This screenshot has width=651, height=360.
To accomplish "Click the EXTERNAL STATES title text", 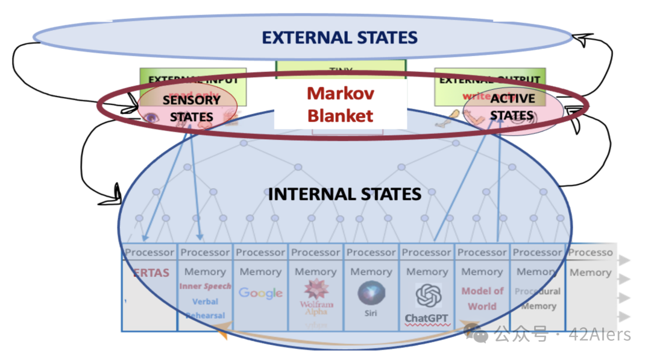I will coord(339,37).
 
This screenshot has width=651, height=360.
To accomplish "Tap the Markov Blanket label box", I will coord(341,104).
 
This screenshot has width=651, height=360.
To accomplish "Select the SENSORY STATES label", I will coord(191,108).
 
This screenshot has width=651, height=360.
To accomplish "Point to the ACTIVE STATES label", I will coord(512,107).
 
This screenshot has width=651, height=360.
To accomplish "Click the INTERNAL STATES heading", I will coord(344,194).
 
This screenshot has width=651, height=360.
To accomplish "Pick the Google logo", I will coord(260,293).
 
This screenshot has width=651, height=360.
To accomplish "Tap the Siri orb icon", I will coord(371,292).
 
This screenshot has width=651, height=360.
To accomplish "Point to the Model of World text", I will coord(482,298).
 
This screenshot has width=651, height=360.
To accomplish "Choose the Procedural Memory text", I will coord(538,298).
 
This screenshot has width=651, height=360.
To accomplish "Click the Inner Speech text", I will coord(205,286).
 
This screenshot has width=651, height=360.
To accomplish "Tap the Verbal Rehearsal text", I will coord(205,308).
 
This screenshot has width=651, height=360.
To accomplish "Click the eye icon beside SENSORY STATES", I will coord(151,118).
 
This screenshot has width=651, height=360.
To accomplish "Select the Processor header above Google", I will coord(260,253).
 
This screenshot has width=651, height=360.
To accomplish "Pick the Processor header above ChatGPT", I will coord(427,253).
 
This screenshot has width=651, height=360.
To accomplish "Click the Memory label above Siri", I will coord(371,272).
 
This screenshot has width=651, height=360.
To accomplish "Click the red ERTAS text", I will coord(151,273).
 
